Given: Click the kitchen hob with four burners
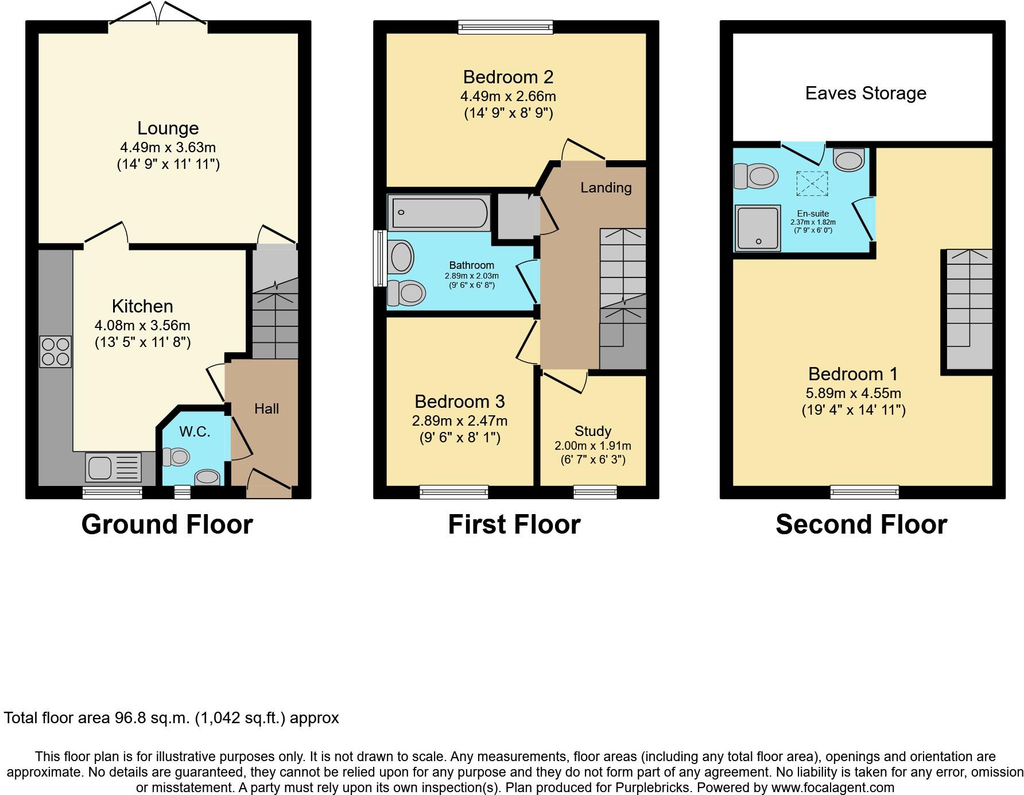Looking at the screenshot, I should (x=56, y=352).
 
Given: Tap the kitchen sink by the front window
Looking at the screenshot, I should (x=113, y=467).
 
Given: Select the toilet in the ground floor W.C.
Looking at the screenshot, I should (x=176, y=457).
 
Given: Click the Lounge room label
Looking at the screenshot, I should (x=168, y=128).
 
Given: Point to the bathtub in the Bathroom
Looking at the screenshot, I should (x=439, y=213).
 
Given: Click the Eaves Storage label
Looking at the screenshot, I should (x=866, y=93).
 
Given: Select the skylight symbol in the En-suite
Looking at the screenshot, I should (x=812, y=183).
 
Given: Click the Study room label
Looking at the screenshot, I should (x=593, y=431).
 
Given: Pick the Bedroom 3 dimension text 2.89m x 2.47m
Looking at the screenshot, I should (x=459, y=421).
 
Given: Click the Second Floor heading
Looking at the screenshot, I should (x=861, y=524).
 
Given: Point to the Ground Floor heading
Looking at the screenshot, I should (x=167, y=524).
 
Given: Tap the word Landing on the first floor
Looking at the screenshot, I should (x=606, y=188).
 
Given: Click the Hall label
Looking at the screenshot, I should (x=266, y=409).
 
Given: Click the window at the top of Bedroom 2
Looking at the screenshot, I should (x=505, y=26).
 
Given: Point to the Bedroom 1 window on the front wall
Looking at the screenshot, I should (x=864, y=492).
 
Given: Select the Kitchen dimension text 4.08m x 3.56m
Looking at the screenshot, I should (x=142, y=326).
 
